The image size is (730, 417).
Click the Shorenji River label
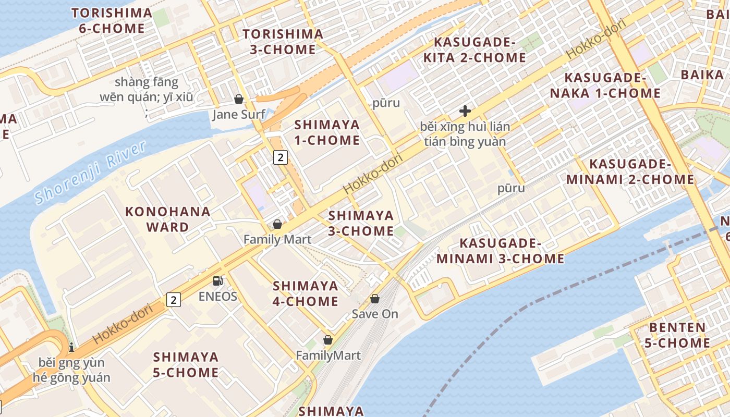(x=90, y=173)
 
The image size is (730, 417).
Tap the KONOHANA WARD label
(x=168, y=219)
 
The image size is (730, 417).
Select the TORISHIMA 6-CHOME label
(x=112, y=21)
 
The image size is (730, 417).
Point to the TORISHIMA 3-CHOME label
(x=283, y=42)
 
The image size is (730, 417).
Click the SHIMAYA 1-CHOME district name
(x=327, y=132)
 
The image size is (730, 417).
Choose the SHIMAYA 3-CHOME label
(x=361, y=223)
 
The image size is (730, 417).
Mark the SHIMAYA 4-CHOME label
(x=306, y=293)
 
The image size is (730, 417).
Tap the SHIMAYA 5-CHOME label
(x=186, y=365)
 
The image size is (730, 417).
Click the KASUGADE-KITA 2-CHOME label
(x=475, y=50)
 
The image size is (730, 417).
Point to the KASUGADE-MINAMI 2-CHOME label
(x=630, y=172)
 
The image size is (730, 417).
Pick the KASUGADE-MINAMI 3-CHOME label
(x=501, y=251)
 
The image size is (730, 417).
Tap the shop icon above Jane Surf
(x=239, y=99)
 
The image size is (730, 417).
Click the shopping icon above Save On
(x=374, y=299)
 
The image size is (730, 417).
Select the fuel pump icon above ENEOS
(x=217, y=281)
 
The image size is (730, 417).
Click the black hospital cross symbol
(x=465, y=111)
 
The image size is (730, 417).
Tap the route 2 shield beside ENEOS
(x=174, y=300)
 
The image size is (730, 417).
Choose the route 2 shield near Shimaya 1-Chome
(x=281, y=157)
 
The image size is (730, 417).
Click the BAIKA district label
(x=702, y=75)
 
